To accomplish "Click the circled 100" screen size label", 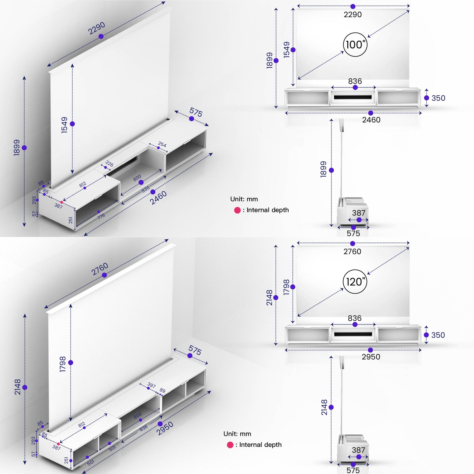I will click(355, 45).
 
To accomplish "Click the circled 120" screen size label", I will click(355, 282).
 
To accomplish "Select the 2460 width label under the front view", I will click(371, 120).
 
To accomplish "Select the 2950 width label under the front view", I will click(371, 357).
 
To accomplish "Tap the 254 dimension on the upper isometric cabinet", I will click(162, 144).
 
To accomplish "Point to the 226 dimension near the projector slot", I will click(109, 164).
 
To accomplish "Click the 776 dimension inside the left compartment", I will click(101, 216).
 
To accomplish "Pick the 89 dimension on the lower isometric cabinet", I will click(162, 391).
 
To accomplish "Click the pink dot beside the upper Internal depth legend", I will click(237, 210).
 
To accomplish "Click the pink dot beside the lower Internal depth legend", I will click(230, 445).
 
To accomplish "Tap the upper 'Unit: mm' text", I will click(244, 199).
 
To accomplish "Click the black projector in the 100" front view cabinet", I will click(353, 97).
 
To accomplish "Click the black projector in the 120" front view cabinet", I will click(353, 334).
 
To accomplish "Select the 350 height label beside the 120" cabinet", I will click(438, 335).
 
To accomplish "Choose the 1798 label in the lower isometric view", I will click(63, 364).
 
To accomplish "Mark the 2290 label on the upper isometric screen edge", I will click(96, 28).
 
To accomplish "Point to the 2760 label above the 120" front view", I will click(352, 251).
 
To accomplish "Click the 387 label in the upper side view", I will click(358, 213).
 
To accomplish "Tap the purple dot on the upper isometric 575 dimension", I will click(191, 119).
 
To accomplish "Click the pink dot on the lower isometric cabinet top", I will click(58, 444).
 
